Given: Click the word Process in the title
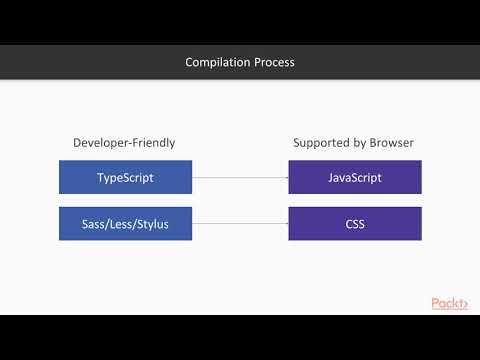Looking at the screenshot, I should pos(273,63).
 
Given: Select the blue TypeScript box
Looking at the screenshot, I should pos(125,178).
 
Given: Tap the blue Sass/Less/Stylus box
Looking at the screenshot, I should pos(125,223).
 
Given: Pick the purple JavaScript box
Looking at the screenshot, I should pos(354,178).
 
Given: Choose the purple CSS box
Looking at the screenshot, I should pos(354,223).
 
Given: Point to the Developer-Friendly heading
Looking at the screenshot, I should pos(125,143).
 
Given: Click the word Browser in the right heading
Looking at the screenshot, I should pos(392,143).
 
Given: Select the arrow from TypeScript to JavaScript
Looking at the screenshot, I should pos(240,178).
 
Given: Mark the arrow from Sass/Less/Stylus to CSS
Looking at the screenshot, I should pos(240,223).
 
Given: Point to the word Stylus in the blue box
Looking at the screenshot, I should pos(149,223).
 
